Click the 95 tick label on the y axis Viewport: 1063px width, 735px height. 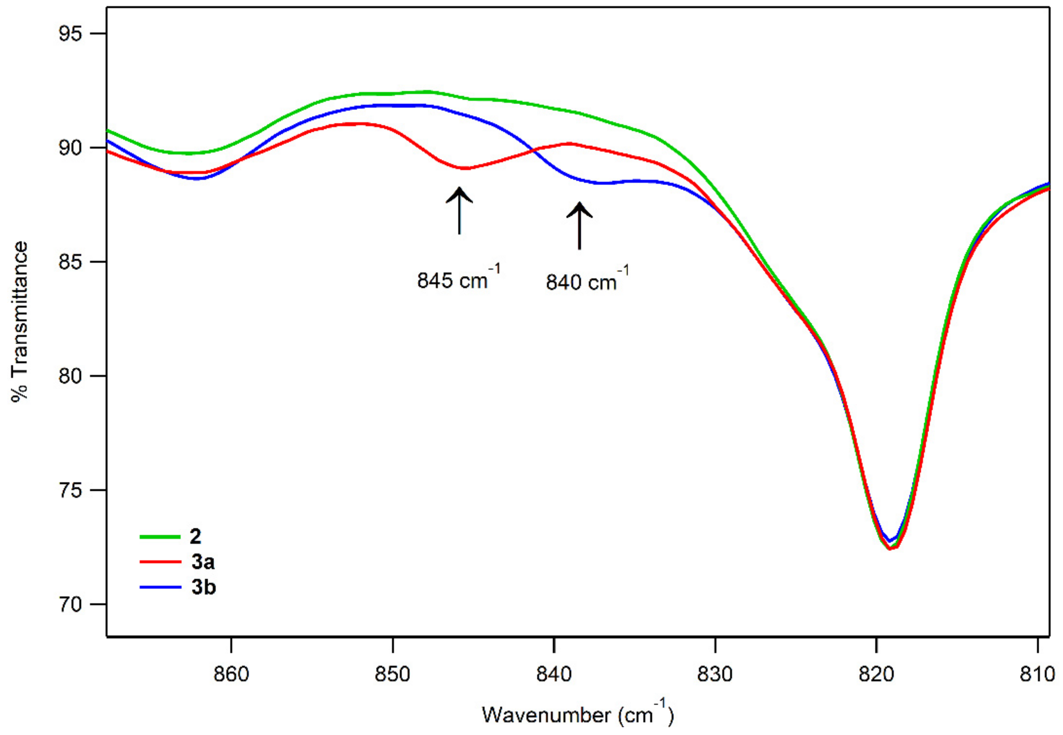point(70,34)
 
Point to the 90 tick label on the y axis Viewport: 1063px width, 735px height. point(70,148)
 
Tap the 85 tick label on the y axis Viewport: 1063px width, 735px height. point(70,262)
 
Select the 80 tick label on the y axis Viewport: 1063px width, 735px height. point(70,376)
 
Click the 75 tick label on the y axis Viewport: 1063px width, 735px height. point(70,490)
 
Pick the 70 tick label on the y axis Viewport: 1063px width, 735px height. point(70,604)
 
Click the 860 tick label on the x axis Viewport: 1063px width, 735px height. point(232,674)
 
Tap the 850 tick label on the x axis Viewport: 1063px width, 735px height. point(393,674)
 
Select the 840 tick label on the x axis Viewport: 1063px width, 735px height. point(554,674)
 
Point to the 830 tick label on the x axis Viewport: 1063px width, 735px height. point(715,674)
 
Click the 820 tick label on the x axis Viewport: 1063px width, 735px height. point(876,674)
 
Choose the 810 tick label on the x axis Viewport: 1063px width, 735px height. point(1037,674)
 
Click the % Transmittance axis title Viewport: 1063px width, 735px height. point(19,321)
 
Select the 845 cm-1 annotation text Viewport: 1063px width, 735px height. point(458,279)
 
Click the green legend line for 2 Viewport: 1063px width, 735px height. point(160,537)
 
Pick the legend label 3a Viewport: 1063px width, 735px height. point(203,562)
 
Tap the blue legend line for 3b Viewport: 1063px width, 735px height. point(160,587)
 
